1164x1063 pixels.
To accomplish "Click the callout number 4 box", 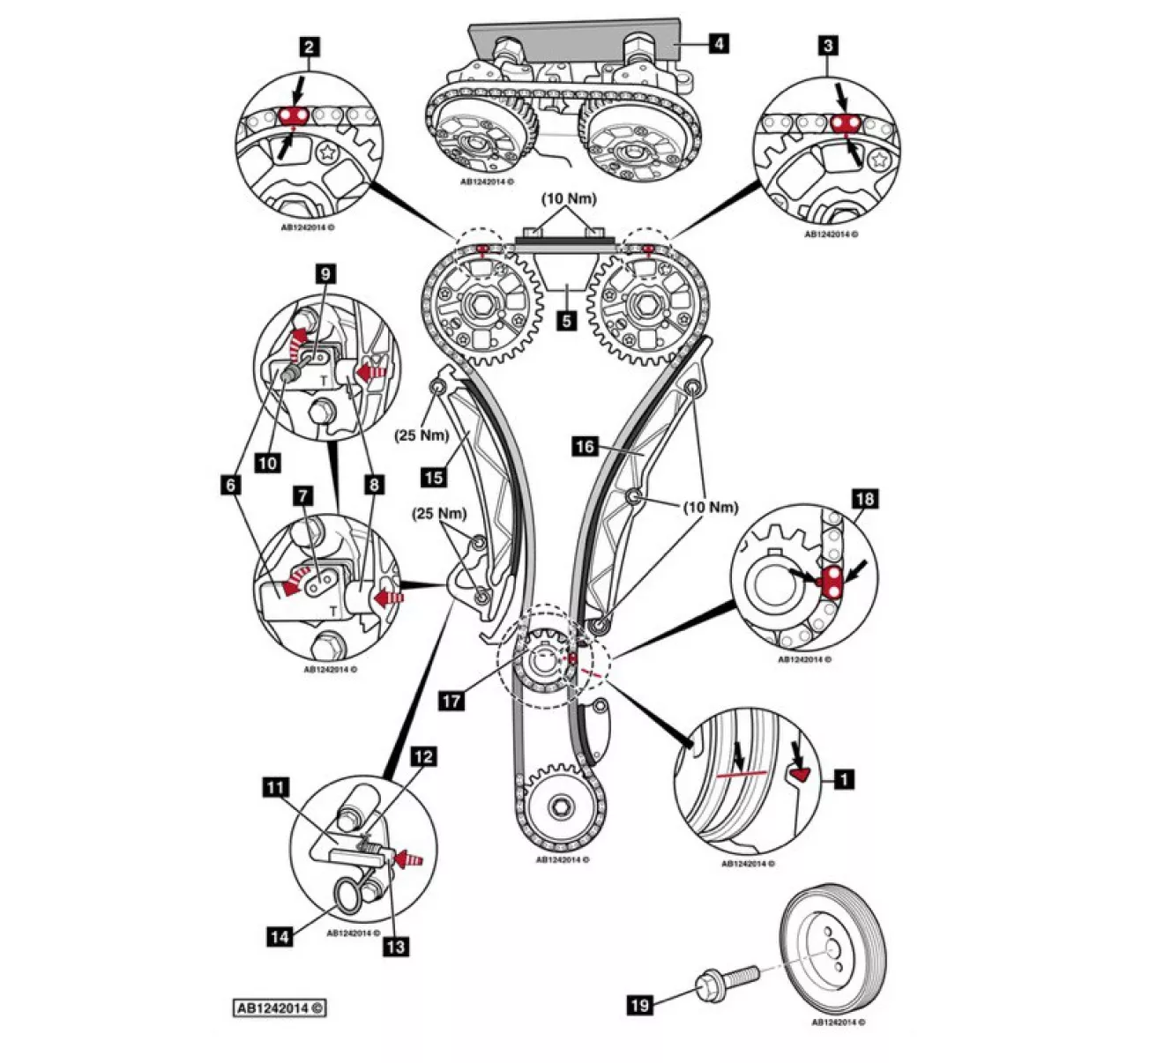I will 719,41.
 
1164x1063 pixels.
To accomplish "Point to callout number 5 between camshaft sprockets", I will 567,320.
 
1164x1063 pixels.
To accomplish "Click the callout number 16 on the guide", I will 585,447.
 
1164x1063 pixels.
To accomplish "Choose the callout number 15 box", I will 433,478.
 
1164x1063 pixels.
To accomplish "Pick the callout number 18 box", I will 864,499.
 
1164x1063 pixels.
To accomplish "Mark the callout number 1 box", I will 844,779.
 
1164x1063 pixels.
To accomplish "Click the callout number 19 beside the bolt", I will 640,1004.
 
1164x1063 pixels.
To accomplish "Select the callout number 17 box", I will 451,701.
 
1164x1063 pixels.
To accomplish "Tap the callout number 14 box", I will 280,935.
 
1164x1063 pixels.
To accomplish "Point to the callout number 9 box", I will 325,274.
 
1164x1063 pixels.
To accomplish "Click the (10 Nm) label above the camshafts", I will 569,198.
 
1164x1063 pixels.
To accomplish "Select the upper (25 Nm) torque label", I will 422,435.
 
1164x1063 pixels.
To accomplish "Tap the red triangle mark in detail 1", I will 800,774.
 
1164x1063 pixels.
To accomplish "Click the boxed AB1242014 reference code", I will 280,1007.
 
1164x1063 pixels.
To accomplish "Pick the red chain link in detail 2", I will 294,116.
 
